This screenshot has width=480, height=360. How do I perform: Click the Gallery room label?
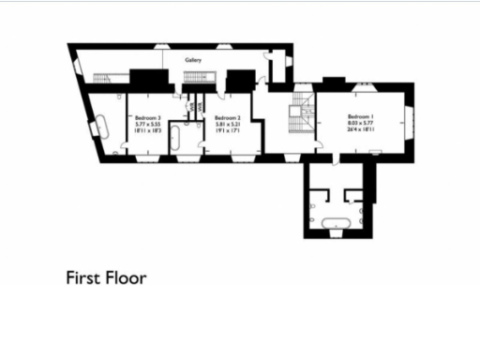tap(194, 59)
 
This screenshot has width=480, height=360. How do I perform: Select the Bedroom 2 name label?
tap(229, 116)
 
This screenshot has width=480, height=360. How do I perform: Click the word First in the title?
tap(82, 277)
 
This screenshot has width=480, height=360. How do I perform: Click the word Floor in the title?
tap(127, 277)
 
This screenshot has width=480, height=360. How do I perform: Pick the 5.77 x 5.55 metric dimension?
tap(148, 124)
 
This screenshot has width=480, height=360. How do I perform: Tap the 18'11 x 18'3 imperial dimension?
tap(148, 131)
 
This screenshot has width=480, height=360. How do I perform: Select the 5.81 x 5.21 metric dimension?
tap(230, 124)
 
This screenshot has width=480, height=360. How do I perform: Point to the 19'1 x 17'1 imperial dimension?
tap(230, 131)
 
